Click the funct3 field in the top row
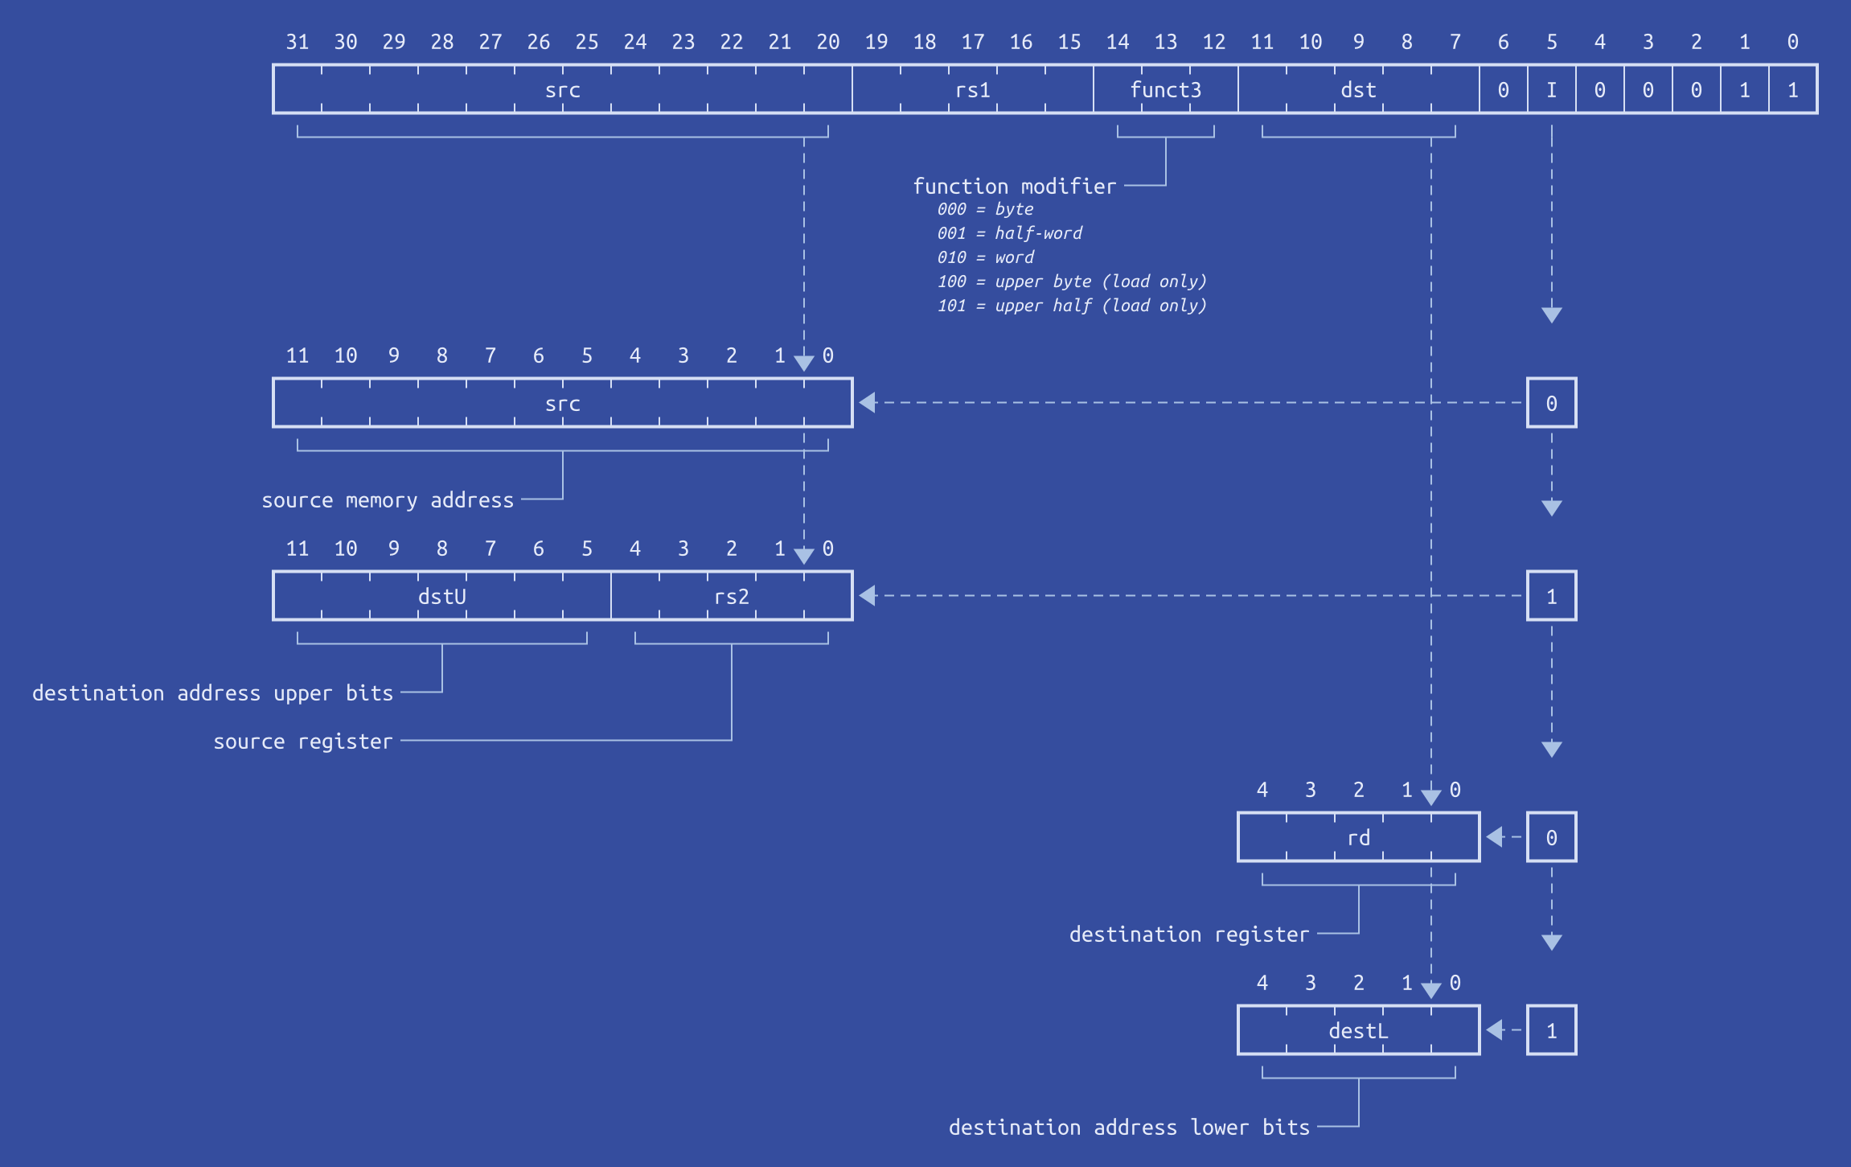pyautogui.click(x=1165, y=89)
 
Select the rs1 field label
pyautogui.click(x=972, y=90)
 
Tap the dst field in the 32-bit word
pyautogui.click(x=1358, y=89)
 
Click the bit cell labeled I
pyautogui.click(x=1551, y=89)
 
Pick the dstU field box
pyautogui.click(x=441, y=596)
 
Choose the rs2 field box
pyautogui.click(x=731, y=596)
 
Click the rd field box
pyautogui.click(x=1358, y=837)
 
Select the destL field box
pyautogui.click(x=1358, y=1030)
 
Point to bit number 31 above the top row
pyautogui.click(x=298, y=42)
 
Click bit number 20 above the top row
pyautogui.click(x=828, y=42)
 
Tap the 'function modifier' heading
pyautogui.click(x=1015, y=186)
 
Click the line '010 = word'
pyautogui.click(x=986, y=257)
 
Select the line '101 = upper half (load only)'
pyautogui.click(x=1072, y=306)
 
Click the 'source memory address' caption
pyautogui.click(x=388, y=500)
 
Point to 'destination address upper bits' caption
pyautogui.click(x=212, y=693)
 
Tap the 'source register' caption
pyautogui.click(x=303, y=742)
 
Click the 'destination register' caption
pyautogui.click(x=1189, y=935)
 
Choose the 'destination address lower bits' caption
pyautogui.click(x=1129, y=1128)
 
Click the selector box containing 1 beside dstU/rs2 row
pyautogui.click(x=1551, y=596)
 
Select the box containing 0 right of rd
pyautogui.click(x=1551, y=837)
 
